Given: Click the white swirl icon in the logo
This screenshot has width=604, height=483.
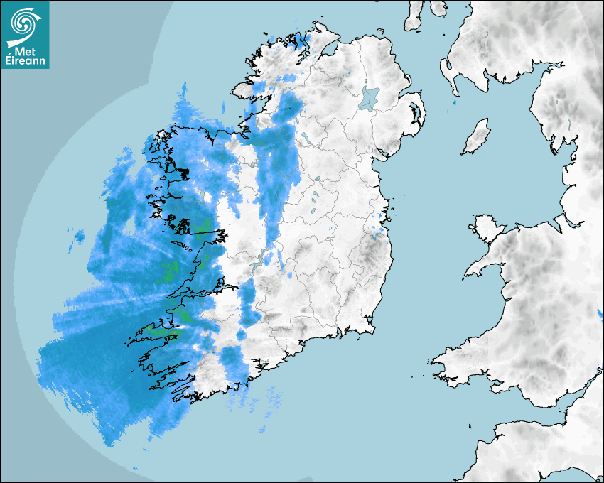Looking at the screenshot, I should pyautogui.click(x=23, y=23).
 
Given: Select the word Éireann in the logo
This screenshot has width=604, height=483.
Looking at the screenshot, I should pyautogui.click(x=27, y=61).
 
